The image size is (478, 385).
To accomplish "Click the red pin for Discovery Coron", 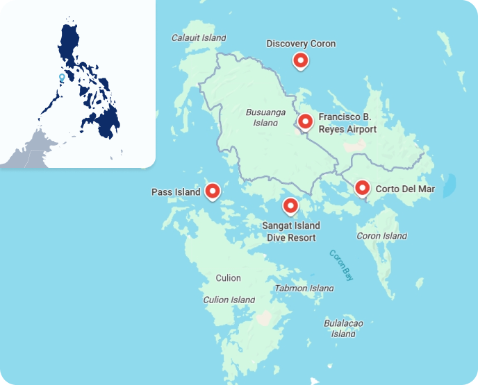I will point(301,60).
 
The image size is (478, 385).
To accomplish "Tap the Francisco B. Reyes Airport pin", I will point(304,122).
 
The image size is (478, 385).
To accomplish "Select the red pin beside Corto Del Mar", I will point(362,187).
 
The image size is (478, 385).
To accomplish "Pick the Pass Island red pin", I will point(213,191).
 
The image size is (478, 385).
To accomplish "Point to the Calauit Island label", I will point(199,37).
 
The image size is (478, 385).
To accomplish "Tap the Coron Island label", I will point(381,236).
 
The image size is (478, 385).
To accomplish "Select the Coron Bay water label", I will point(341,264).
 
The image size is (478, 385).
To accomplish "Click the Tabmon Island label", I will point(304,288).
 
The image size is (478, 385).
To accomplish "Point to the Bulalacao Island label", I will point(343,328).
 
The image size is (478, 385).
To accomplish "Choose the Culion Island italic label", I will point(229,300).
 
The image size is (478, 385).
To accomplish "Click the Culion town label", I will point(228,278).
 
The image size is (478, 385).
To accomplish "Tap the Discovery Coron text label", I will point(301,44).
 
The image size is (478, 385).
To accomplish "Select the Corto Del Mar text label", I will point(405,189).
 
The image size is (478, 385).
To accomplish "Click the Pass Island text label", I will point(176,192).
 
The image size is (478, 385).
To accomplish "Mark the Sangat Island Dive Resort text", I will point(291,232).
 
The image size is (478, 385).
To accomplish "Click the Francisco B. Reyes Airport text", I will point(347,123).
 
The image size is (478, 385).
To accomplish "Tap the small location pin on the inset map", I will point(62,78).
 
